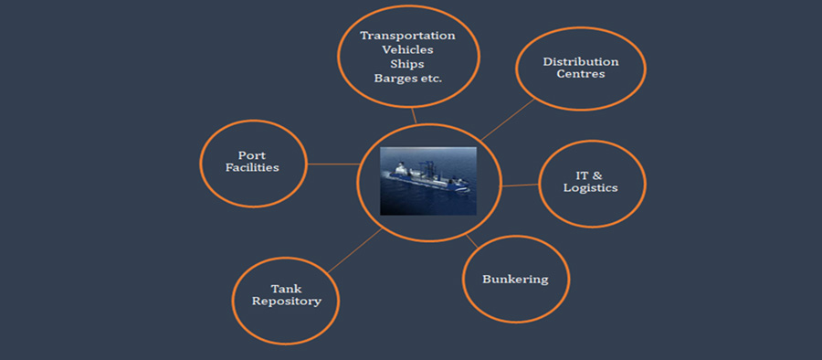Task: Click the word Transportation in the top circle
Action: coord(407,36)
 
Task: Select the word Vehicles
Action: coord(407,49)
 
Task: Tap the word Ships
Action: coord(407,64)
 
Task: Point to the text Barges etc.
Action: coord(407,79)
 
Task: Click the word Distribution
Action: coord(581,62)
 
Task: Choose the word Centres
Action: coord(581,74)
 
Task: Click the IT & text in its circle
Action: coord(590,175)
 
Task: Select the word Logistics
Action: coord(590,188)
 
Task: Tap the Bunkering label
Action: coord(516,279)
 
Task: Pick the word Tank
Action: coord(286,289)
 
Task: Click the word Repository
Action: coord(286,302)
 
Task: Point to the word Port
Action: coord(252,155)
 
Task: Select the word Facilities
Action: coord(252,168)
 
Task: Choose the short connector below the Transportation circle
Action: coord(414,116)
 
